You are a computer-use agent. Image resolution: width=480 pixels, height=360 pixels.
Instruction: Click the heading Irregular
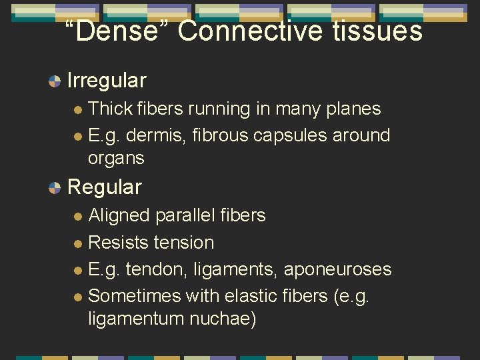(x=107, y=81)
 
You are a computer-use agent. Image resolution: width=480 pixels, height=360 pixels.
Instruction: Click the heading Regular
(x=105, y=187)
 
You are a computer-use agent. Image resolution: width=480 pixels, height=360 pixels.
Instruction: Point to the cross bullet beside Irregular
(x=55, y=81)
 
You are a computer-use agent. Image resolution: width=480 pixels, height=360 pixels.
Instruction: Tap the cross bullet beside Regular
(x=55, y=187)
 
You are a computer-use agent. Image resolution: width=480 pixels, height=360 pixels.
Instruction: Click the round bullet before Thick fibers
(x=78, y=109)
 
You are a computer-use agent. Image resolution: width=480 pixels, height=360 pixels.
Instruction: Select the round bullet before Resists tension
(x=78, y=243)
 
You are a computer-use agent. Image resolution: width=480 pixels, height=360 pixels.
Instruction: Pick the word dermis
(x=155, y=135)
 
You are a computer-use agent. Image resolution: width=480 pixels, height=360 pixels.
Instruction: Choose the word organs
(x=116, y=159)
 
